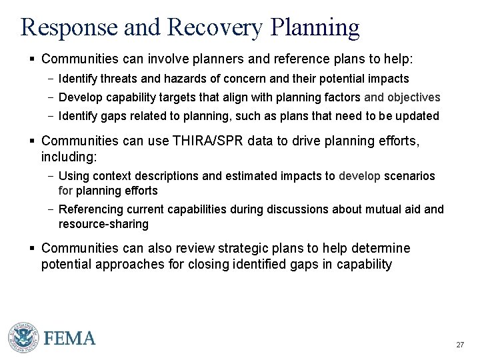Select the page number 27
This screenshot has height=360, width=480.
click(459, 345)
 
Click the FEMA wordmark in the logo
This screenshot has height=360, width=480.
click(70, 338)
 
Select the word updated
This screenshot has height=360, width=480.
click(419, 116)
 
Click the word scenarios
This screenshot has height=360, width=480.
click(409, 176)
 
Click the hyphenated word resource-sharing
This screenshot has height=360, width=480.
click(103, 224)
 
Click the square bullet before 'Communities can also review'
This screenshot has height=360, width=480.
click(33, 249)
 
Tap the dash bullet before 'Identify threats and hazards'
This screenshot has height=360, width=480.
click(51, 79)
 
